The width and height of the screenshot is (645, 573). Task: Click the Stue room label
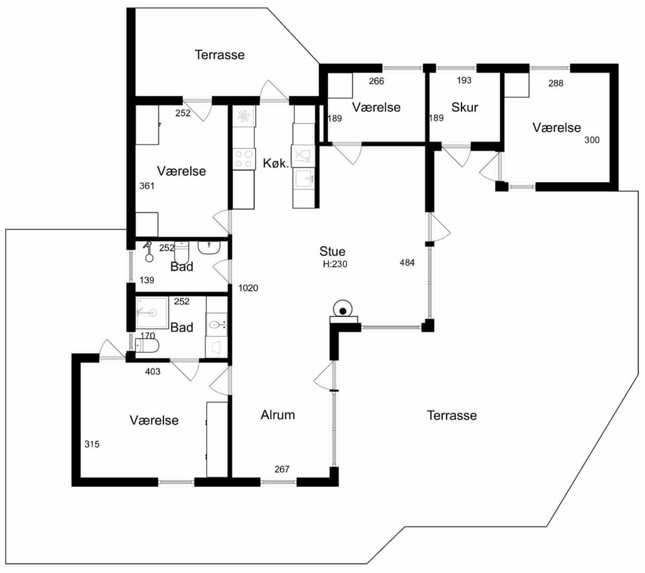coord(333,251)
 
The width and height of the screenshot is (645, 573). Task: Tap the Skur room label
coord(464,107)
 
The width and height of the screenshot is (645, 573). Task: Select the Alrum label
coord(277,414)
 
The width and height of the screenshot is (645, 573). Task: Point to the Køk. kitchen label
coord(275,163)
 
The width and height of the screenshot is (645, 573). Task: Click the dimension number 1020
coord(248,288)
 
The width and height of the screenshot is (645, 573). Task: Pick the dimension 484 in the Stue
coord(407,263)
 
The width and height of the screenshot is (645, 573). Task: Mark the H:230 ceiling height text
coord(335,264)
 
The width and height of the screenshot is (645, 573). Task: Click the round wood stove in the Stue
coord(343,308)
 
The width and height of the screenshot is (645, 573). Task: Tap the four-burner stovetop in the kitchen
coord(243,159)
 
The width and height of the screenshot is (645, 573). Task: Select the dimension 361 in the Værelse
coord(147,186)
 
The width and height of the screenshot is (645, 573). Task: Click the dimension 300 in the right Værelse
coord(592,140)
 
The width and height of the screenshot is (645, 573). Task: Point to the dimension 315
coord(92,444)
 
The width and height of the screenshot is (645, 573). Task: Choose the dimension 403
coord(153,372)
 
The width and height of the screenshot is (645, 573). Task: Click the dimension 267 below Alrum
coord(282,469)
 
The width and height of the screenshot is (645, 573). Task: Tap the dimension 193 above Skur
coord(464,81)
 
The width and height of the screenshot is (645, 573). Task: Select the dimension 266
coord(376,81)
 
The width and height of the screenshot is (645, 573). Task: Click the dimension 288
coord(556,83)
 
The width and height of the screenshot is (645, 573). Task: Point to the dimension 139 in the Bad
coord(147,280)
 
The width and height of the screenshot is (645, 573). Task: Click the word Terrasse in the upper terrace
coord(220,54)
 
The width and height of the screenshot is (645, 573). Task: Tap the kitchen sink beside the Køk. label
coord(304,178)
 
